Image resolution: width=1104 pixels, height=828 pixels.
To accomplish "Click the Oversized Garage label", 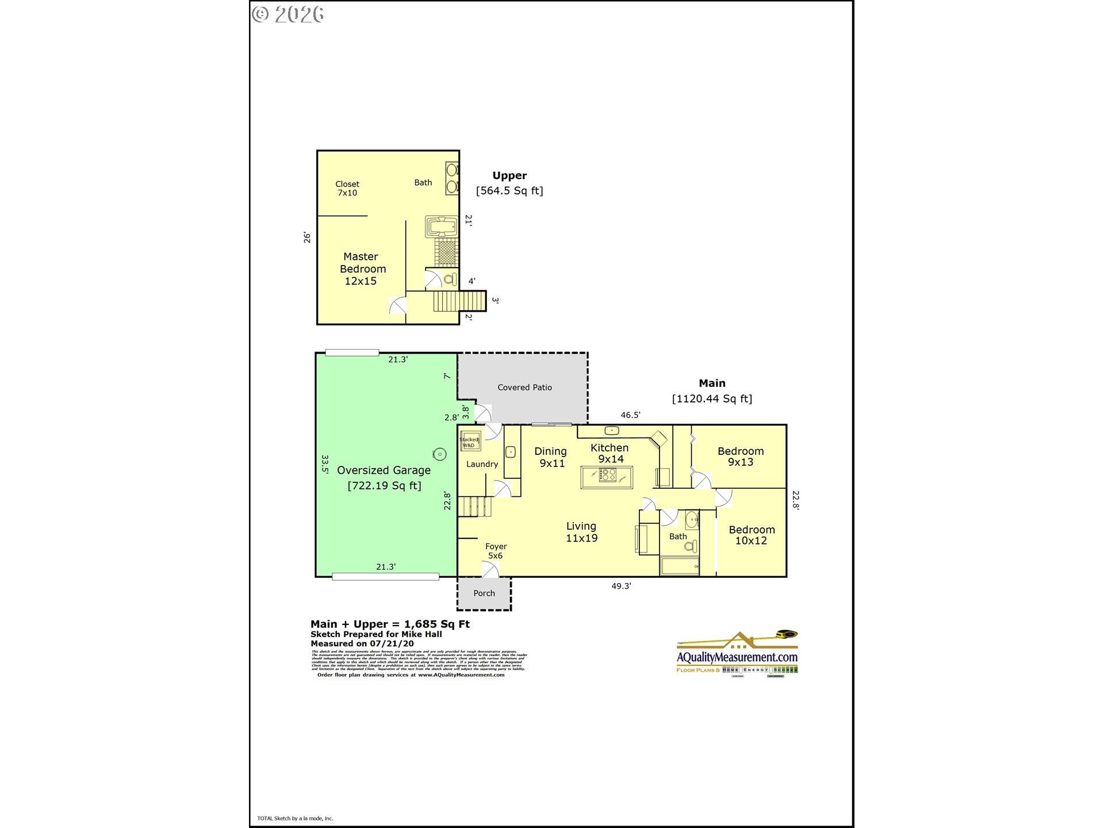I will pyautogui.click(x=384, y=470).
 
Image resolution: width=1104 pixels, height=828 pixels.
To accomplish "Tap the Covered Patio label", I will pyautogui.click(x=524, y=388).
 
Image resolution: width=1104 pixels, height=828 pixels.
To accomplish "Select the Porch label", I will pyautogui.click(x=484, y=593).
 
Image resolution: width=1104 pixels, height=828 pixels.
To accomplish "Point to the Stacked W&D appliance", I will pyautogui.click(x=470, y=442).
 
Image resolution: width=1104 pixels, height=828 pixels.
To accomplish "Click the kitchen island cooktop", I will pyautogui.click(x=607, y=476).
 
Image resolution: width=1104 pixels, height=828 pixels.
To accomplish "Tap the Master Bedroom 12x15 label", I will pyautogui.click(x=362, y=269).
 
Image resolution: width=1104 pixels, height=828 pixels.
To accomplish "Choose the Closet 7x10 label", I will pyautogui.click(x=347, y=189).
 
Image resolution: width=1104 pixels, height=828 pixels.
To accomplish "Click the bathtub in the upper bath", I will pyautogui.click(x=441, y=227).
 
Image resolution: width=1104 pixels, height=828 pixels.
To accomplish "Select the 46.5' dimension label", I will pyautogui.click(x=630, y=415).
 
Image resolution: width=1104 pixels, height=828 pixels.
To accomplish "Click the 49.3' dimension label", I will pyautogui.click(x=621, y=586).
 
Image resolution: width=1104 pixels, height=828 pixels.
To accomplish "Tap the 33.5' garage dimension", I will pyautogui.click(x=325, y=464).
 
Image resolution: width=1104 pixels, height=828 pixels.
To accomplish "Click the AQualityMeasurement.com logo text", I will pyautogui.click(x=737, y=657).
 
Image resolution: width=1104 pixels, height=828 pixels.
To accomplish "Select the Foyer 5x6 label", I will pyautogui.click(x=496, y=551).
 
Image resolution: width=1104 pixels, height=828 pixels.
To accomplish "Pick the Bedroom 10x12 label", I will pyautogui.click(x=752, y=535).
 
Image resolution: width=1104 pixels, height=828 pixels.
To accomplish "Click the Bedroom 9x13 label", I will pyautogui.click(x=741, y=457).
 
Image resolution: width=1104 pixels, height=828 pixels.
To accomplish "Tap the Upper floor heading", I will pyautogui.click(x=509, y=176).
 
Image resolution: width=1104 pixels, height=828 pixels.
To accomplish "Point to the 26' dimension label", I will pyautogui.click(x=308, y=237).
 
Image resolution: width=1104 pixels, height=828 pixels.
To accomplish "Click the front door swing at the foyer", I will pyautogui.click(x=490, y=570).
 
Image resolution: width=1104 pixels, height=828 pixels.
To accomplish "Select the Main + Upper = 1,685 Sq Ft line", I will pyautogui.click(x=390, y=624).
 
